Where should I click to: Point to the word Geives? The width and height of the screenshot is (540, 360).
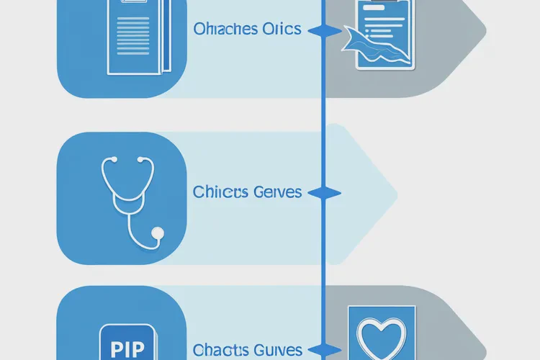(277, 193)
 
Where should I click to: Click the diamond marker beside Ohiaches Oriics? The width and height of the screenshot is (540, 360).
(323, 31)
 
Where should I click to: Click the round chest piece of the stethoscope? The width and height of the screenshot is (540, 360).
(158, 232)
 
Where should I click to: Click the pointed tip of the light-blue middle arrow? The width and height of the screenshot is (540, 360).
(397, 192)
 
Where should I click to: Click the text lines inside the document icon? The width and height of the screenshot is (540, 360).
(134, 40)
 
